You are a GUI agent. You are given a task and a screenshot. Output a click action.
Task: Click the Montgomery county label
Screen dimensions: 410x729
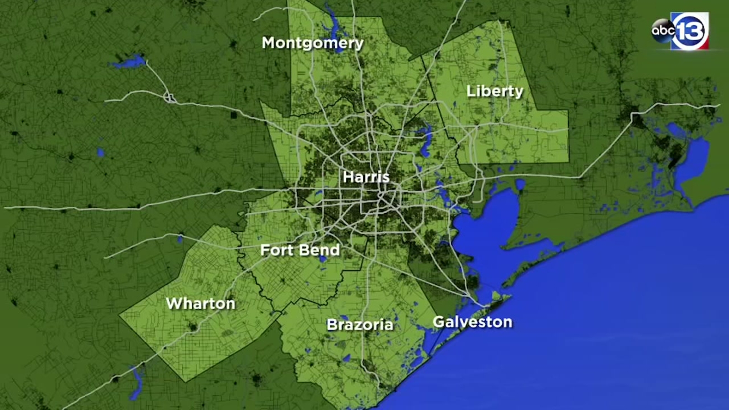pyautogui.click(x=313, y=43)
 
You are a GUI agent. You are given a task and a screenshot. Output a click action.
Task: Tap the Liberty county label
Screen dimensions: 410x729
pyautogui.click(x=495, y=91)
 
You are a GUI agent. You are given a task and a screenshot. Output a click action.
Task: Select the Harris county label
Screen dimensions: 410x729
pyautogui.click(x=366, y=177)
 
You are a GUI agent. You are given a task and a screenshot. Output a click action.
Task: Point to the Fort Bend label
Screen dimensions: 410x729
pyautogui.click(x=300, y=250)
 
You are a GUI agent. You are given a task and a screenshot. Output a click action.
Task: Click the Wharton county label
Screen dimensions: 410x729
pyautogui.click(x=200, y=303)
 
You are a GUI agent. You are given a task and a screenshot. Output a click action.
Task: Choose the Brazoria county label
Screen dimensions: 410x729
pyautogui.click(x=360, y=324)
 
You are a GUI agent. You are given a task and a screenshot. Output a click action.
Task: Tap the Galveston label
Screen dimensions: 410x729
pyautogui.click(x=472, y=322)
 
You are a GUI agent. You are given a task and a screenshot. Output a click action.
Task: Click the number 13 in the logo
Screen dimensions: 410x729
pyautogui.click(x=690, y=31)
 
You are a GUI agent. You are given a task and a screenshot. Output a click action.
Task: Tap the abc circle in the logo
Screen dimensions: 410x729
pyautogui.click(x=663, y=31)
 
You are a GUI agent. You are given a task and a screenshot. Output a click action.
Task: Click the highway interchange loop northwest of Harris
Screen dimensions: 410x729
pyautogui.click(x=170, y=97)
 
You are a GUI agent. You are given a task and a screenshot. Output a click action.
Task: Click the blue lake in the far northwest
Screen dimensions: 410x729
pyautogui.click(x=129, y=61)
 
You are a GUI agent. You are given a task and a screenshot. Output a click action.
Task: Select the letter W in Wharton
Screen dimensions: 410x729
pyautogui.click(x=174, y=303)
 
